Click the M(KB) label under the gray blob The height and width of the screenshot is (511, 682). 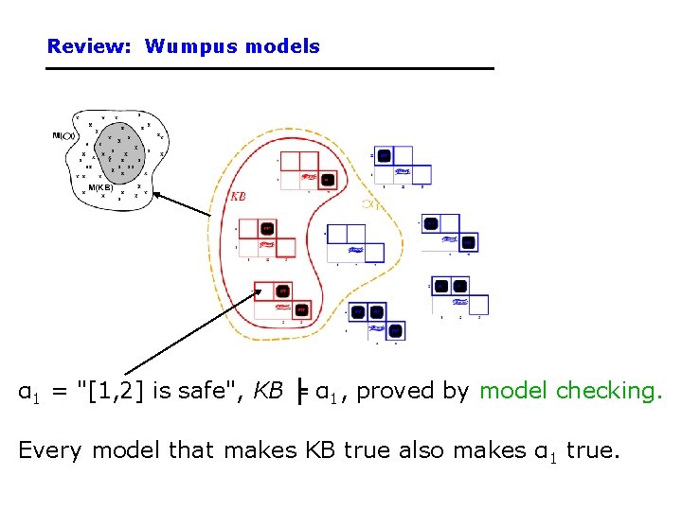point(101,187)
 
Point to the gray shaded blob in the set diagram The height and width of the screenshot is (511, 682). point(114,156)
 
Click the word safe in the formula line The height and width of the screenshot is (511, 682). point(197,391)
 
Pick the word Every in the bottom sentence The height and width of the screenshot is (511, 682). point(50,450)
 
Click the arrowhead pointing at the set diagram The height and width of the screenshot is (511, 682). point(157,194)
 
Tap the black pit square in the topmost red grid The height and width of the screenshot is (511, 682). point(328,179)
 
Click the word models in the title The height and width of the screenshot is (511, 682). point(282,46)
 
